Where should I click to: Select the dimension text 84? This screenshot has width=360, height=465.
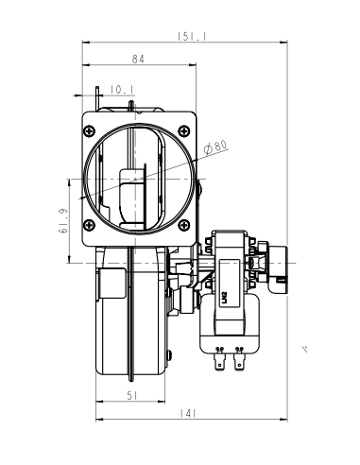tap(138, 60)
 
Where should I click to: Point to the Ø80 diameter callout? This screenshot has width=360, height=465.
tap(216, 147)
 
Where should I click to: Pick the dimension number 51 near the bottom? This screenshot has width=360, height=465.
tap(133, 395)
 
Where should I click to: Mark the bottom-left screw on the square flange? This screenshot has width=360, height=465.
tap(90, 225)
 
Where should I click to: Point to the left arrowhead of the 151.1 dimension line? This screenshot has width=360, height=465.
tap(86, 43)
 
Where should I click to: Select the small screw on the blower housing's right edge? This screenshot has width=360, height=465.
tap(169, 353)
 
